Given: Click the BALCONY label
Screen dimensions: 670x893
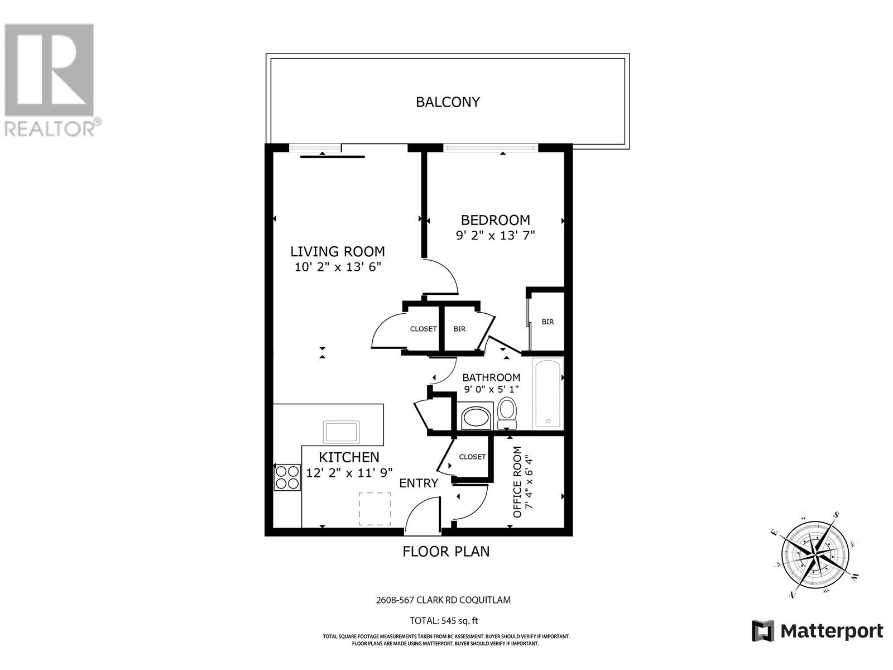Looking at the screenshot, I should [x=448, y=102].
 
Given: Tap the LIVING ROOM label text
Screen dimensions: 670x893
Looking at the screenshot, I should [x=337, y=251].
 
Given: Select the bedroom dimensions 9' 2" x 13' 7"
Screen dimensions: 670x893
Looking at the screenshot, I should [x=495, y=236].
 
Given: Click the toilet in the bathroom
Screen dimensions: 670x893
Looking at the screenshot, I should [x=507, y=413].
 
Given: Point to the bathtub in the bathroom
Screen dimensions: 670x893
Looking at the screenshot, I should [x=548, y=394].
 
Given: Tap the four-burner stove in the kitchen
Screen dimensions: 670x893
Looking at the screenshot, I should [x=287, y=477].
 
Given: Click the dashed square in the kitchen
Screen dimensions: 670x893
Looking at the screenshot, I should [x=375, y=509].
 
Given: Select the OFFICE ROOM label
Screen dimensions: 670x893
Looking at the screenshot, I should [x=517, y=482].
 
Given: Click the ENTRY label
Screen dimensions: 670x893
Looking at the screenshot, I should [x=419, y=483].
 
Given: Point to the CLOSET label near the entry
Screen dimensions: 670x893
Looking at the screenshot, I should [x=472, y=457].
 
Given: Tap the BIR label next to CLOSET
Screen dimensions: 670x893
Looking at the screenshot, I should [x=459, y=329].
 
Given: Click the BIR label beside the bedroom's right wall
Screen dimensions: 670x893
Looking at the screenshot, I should [x=548, y=322].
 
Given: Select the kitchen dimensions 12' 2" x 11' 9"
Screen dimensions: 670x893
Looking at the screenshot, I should [x=349, y=473].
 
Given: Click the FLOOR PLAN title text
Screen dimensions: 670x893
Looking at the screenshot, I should [x=446, y=552].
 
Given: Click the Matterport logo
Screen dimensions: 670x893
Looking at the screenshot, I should [x=817, y=631].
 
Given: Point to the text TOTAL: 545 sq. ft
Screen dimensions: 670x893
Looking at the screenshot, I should [x=444, y=620].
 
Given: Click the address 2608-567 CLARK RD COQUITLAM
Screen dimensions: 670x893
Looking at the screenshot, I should [x=443, y=600].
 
